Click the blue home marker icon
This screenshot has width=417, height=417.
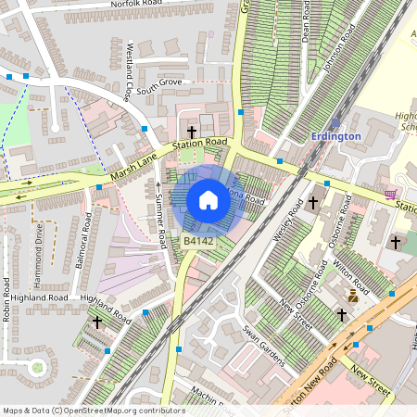tap(208, 200)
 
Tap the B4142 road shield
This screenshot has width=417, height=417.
tap(198, 241)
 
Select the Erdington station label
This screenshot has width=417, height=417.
tap(335, 136)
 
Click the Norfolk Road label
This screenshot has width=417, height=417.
tap(135, 5)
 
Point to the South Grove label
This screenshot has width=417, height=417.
tap(158, 86)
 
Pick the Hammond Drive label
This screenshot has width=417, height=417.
tap(39, 246)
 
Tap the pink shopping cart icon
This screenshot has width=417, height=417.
tap(391, 195)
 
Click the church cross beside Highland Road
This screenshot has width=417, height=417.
tap(97, 322)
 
